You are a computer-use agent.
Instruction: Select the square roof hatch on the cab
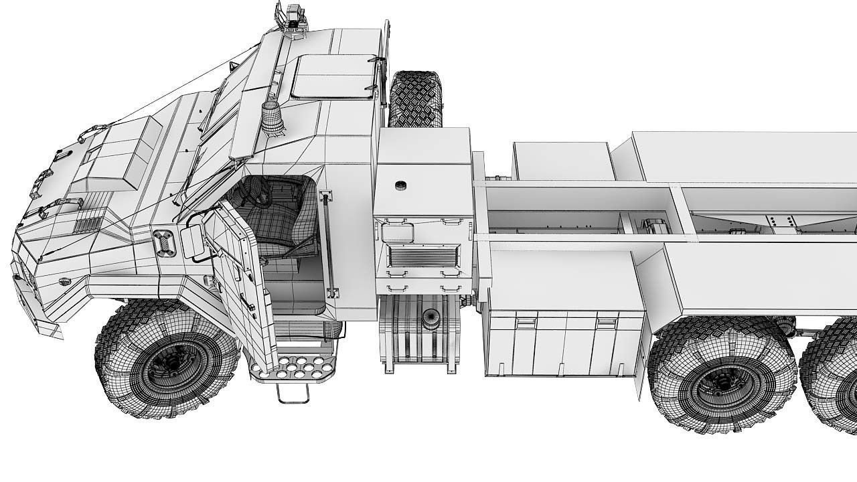333,76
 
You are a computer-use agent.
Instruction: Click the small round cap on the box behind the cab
400,185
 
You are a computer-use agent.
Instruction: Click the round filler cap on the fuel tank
428,322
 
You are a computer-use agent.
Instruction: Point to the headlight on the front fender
163,243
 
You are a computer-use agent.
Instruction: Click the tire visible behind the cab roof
415,98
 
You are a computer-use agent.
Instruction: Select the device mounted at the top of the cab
293,19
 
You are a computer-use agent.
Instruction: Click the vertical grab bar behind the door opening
329,244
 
